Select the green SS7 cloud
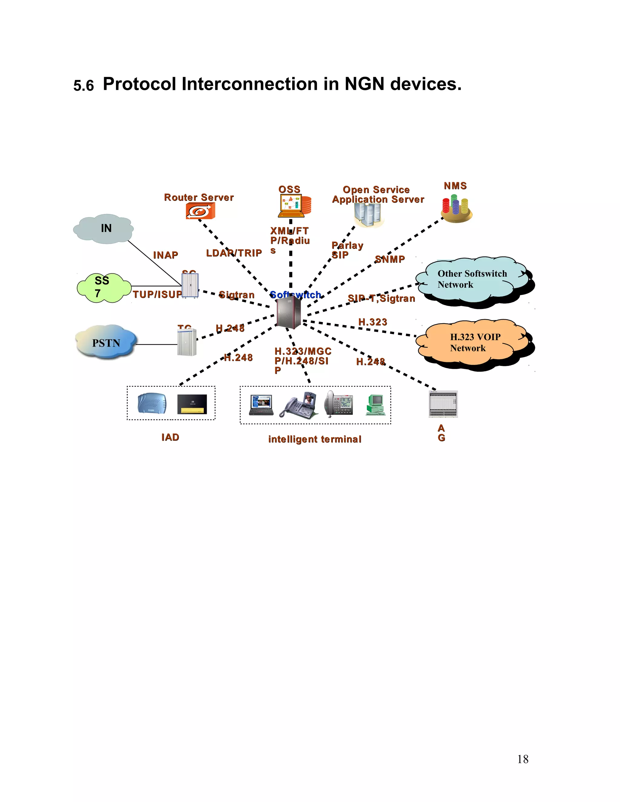[x=104, y=288]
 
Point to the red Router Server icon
[x=200, y=211]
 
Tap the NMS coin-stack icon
[x=456, y=208]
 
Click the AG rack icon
[x=443, y=404]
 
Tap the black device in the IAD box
[x=192, y=404]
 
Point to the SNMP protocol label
[x=390, y=259]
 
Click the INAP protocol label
[x=166, y=255]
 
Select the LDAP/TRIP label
[x=234, y=253]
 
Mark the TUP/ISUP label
[x=157, y=294]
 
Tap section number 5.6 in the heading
[x=83, y=86]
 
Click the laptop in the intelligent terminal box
[x=261, y=405]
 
